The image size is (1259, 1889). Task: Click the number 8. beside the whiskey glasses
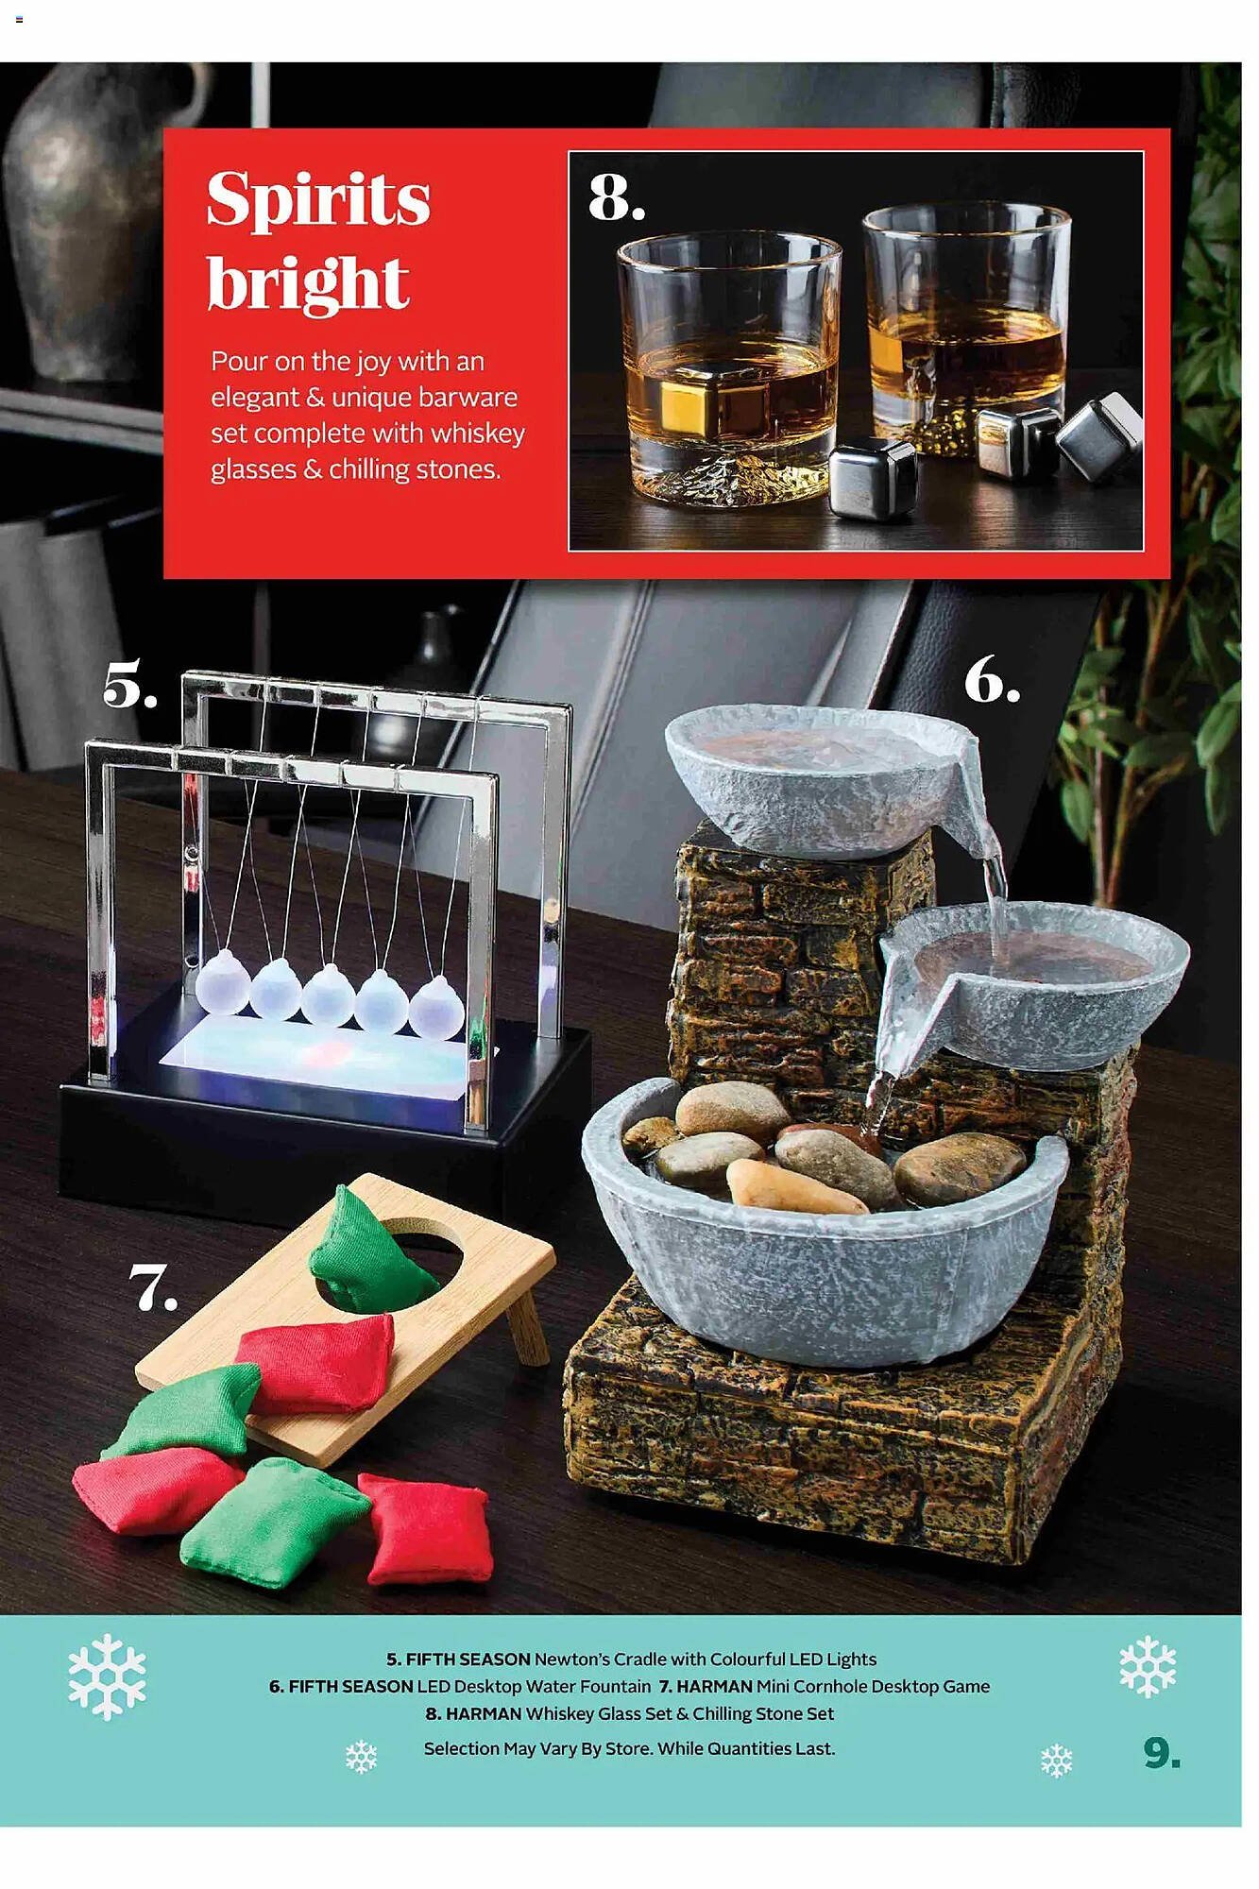pos(616,197)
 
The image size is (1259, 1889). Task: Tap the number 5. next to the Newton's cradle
pos(129,685)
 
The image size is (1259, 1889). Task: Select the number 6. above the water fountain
pos(992,679)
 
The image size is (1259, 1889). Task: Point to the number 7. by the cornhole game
pos(153,1288)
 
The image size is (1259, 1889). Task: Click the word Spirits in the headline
pos(318,201)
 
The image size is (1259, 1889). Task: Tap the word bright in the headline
pos(308,283)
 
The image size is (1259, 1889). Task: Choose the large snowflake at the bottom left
pos(107,1676)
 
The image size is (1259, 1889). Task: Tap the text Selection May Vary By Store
pos(538,1749)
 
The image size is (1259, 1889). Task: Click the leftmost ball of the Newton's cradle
pos(222,982)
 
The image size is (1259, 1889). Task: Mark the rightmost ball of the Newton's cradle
pos(436,1008)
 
